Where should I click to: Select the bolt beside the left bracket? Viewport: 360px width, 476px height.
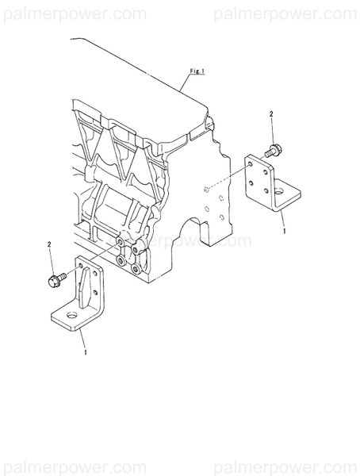56,278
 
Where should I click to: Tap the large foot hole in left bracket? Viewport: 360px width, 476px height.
72,317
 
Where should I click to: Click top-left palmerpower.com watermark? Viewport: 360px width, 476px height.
73,13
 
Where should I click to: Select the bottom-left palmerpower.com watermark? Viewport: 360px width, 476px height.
73,466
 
